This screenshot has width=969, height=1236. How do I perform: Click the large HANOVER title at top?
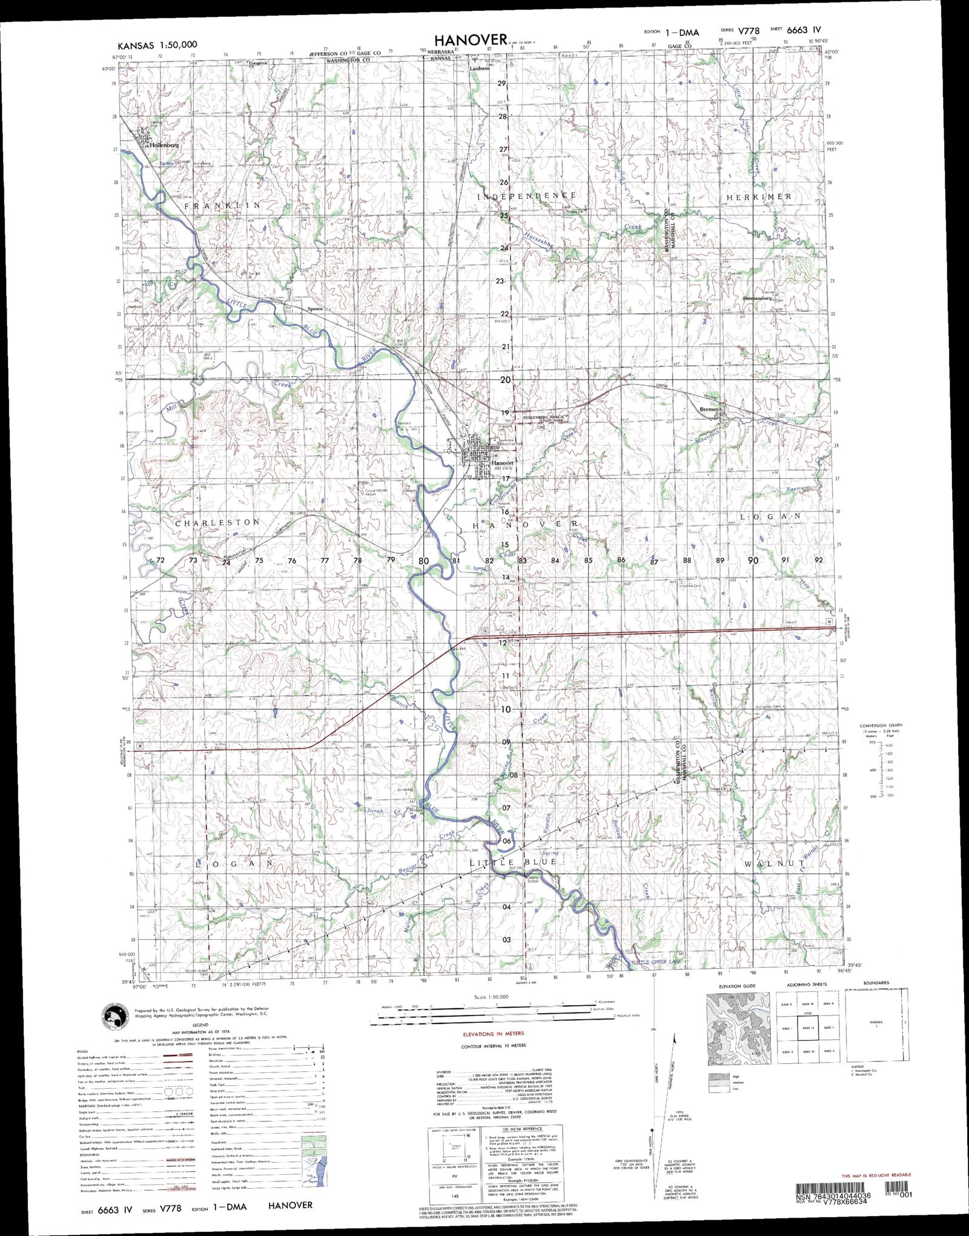click(470, 39)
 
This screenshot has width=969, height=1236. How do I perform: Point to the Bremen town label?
click(709, 410)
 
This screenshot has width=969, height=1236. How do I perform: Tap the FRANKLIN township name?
click(222, 206)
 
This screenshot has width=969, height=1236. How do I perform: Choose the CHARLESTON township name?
click(217, 522)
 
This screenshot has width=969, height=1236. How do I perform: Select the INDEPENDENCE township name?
click(527, 196)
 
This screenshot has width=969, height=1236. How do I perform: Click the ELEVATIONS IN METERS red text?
click(493, 1033)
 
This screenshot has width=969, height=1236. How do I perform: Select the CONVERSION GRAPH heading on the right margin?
click(881, 725)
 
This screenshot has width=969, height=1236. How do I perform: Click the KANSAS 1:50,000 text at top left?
click(157, 45)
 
